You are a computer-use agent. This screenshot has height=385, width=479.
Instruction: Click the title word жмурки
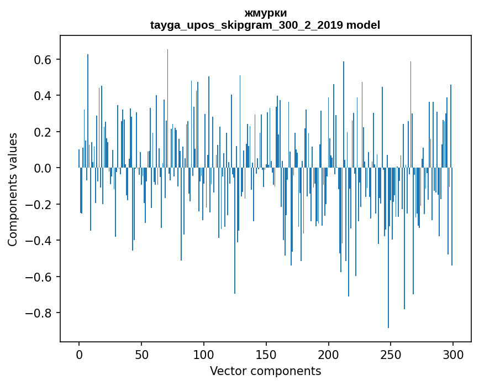(265, 13)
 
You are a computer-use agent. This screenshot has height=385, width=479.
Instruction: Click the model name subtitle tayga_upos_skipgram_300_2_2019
(265, 25)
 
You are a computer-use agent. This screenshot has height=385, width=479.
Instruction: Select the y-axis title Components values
(13, 189)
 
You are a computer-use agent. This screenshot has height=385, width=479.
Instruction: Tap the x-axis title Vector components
(265, 371)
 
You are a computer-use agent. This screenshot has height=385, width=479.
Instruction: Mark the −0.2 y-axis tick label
(39, 205)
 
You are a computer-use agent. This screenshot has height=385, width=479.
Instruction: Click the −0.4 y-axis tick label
(39, 241)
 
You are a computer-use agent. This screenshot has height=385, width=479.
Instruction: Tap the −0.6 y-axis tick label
(39, 277)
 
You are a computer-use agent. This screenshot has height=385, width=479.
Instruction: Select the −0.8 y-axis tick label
(39, 313)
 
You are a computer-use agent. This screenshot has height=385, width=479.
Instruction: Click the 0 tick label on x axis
(79, 353)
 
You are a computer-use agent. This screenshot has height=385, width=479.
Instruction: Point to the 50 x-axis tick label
(141, 353)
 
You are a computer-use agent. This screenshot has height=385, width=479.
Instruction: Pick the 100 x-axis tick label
(204, 353)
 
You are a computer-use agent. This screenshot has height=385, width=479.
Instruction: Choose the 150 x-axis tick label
(266, 353)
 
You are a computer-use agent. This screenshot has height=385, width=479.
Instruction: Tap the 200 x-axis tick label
(329, 353)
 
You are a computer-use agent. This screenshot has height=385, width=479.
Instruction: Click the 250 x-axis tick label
(391, 353)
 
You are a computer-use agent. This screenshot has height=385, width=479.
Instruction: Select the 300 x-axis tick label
(454, 353)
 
